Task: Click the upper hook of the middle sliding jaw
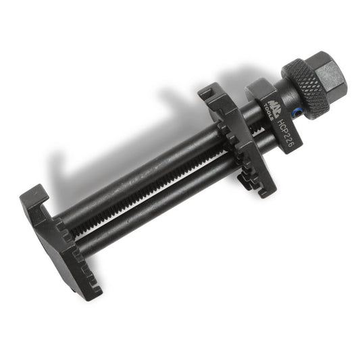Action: pyautogui.click(x=210, y=95)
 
